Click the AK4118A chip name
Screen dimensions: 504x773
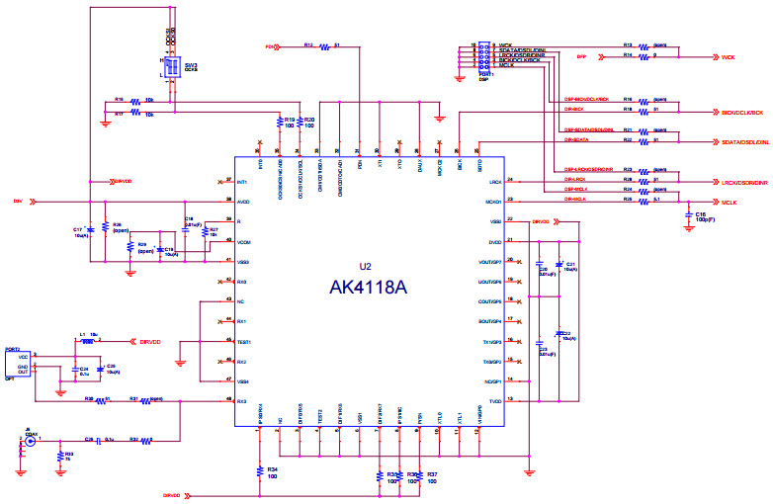click(x=368, y=288)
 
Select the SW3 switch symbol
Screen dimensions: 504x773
click(x=170, y=67)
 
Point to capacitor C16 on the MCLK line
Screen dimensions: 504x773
click(x=689, y=214)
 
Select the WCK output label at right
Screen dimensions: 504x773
click(x=728, y=58)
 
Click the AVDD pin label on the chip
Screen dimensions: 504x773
click(x=242, y=202)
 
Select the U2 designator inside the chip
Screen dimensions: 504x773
click(x=366, y=267)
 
